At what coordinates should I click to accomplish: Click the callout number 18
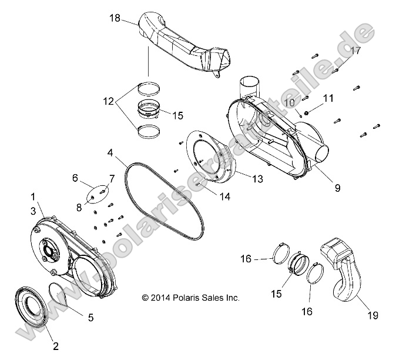click(x=115, y=19)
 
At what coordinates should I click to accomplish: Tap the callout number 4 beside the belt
click(x=110, y=153)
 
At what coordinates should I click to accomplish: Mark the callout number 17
click(x=355, y=51)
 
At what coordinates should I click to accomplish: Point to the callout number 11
click(x=328, y=98)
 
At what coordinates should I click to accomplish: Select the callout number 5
click(x=90, y=318)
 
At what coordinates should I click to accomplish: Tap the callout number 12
click(x=109, y=101)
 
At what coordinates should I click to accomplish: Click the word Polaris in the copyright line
click(x=183, y=298)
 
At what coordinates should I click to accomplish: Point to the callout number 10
click(x=288, y=103)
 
